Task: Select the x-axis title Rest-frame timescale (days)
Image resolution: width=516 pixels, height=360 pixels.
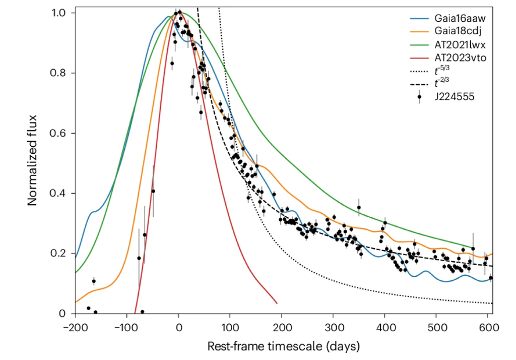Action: pos(284,346)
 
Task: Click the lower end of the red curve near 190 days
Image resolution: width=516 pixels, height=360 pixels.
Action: pos(277,303)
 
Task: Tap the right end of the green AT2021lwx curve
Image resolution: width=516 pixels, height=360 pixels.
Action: pos(473,248)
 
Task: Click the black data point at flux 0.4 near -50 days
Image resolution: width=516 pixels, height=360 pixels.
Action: pos(153,191)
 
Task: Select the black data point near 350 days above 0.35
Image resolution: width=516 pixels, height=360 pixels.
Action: pos(359,207)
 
